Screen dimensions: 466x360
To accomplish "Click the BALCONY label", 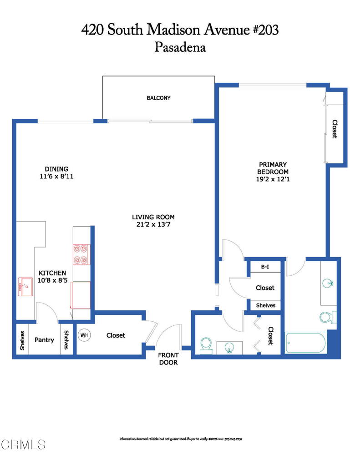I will pyautogui.click(x=158, y=98).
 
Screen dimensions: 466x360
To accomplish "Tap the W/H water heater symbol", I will pyautogui.click(x=84, y=335).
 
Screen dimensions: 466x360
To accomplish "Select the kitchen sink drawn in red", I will pyautogui.click(x=25, y=287).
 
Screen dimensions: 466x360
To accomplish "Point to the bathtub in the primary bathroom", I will pyautogui.click(x=305, y=343).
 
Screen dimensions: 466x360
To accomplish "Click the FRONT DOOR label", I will pyautogui.click(x=168, y=359).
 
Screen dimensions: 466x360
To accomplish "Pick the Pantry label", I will pyautogui.click(x=44, y=340).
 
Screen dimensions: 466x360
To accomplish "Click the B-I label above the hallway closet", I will pyautogui.click(x=265, y=267).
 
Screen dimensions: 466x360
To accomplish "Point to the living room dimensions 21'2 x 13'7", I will pyautogui.click(x=153, y=224).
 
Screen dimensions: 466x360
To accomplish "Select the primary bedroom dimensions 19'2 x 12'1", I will pyautogui.click(x=273, y=179).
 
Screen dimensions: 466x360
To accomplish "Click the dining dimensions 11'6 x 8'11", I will pyautogui.click(x=56, y=176).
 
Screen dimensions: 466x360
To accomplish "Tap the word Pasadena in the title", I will pyautogui.click(x=180, y=47).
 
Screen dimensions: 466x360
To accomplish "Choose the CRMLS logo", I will pyautogui.click(x=24, y=444).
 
